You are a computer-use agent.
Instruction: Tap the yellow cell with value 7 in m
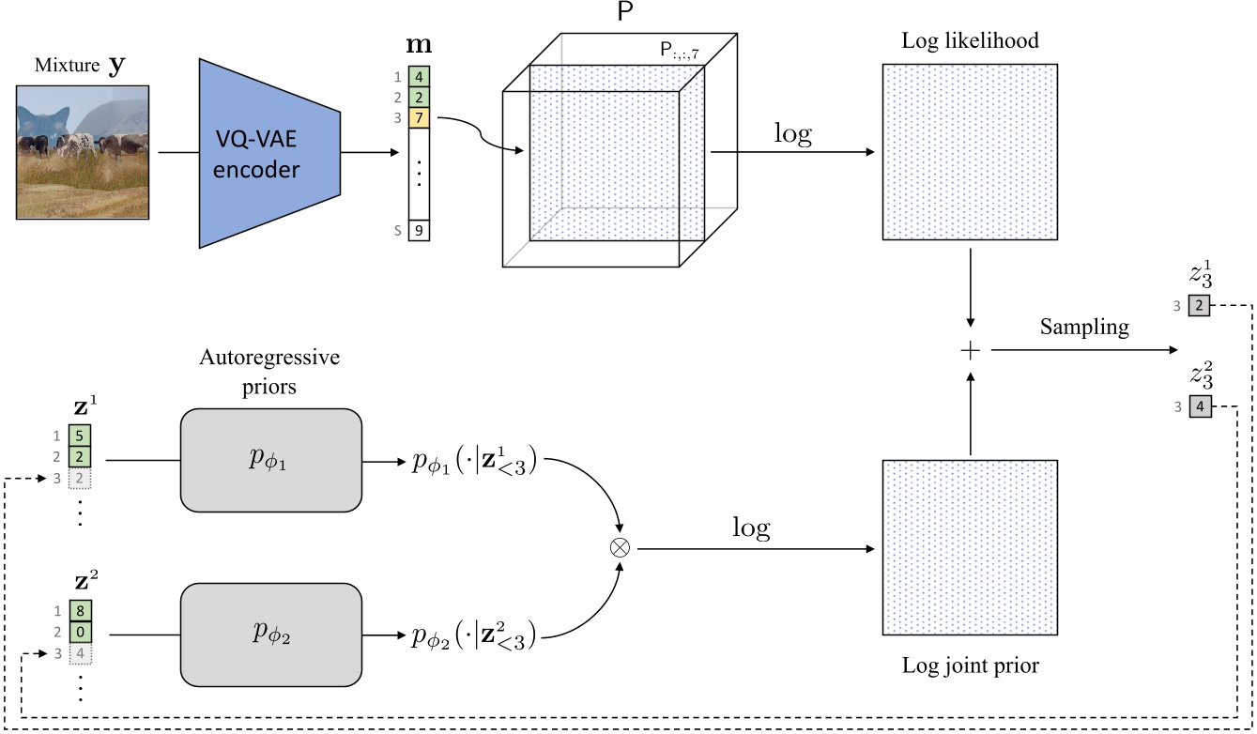click(419, 118)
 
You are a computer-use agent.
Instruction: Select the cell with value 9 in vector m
click(419, 230)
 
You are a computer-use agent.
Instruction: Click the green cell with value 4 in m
click(419, 77)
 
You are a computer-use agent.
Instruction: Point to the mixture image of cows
click(83, 151)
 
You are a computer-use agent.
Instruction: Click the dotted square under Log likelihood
click(970, 152)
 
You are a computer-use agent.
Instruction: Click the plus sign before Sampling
click(970, 350)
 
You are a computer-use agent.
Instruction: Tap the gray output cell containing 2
click(1200, 305)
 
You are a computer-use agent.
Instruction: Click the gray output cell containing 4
click(1200, 407)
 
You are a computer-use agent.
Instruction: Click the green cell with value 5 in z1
click(80, 436)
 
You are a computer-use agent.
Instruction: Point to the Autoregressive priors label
click(269, 371)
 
